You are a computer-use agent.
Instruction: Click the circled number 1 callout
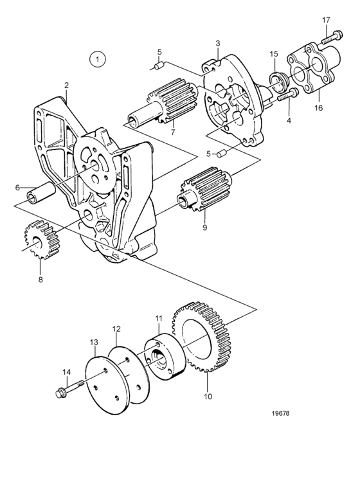98,59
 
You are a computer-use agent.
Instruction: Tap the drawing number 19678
281,413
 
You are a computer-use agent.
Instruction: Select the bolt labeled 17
332,37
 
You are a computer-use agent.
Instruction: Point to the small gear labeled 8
41,240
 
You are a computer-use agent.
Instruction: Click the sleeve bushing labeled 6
41,193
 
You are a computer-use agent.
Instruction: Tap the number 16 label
318,108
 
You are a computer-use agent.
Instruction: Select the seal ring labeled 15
278,82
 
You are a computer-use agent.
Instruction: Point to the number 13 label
94,342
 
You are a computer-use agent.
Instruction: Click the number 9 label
204,228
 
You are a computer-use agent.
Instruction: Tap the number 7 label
173,132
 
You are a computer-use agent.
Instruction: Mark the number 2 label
66,85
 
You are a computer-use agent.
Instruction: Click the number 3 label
218,43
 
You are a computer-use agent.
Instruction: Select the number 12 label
116,328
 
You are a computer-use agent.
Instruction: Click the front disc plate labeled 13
105,385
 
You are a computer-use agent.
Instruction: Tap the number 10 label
208,396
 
